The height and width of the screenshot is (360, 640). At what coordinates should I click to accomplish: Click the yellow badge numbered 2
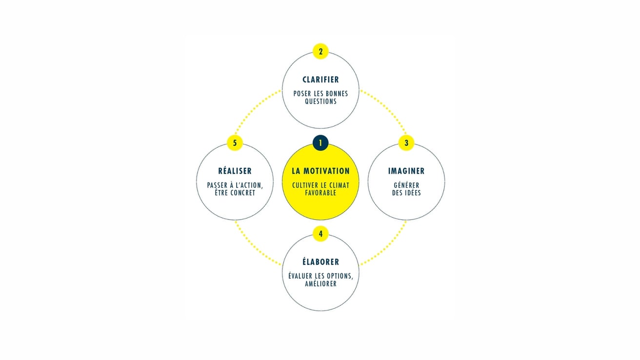[x=320, y=51]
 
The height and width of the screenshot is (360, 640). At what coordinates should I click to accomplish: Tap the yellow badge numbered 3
[x=406, y=143]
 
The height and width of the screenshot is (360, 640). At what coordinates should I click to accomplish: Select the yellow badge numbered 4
[x=320, y=234]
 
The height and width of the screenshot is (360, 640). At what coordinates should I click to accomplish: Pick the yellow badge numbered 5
[x=235, y=143]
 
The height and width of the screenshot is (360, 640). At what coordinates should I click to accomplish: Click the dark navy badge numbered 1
[x=320, y=143]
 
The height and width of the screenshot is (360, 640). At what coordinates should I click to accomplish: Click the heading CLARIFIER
[x=320, y=80]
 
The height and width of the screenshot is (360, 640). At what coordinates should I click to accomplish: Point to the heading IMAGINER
[x=406, y=171]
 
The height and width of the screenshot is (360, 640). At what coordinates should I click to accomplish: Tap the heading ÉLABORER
[x=320, y=261]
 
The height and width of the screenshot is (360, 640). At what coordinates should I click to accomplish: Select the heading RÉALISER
[x=235, y=171]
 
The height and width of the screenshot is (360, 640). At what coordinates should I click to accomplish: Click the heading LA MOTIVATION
[x=320, y=171]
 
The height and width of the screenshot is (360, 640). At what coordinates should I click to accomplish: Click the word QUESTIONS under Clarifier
[x=320, y=101]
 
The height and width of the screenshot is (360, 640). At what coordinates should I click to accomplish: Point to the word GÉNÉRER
[x=406, y=185]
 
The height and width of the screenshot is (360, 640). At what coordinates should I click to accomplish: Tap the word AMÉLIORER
[x=320, y=283]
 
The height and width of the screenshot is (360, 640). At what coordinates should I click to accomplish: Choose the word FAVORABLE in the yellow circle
[x=320, y=193]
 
